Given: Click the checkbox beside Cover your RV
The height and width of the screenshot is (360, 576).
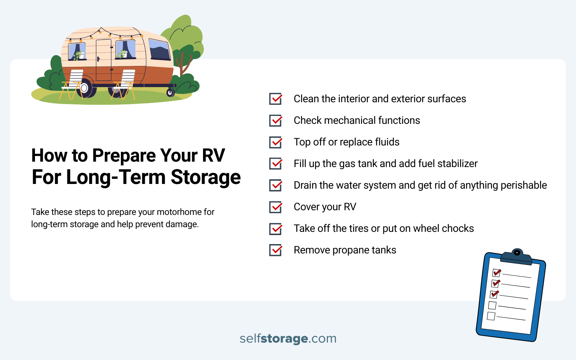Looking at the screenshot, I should [276, 207].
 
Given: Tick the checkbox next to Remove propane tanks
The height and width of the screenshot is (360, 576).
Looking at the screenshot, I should [276, 250].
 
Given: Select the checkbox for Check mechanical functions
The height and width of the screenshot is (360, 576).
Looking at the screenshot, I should [276, 121].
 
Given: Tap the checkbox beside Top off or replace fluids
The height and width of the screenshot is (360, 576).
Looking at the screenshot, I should [276, 142].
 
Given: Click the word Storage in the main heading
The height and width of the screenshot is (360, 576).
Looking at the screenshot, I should [206, 177].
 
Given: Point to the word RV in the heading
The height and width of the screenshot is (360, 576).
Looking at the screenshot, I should [213, 156].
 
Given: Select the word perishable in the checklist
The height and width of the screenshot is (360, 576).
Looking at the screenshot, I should [524, 185].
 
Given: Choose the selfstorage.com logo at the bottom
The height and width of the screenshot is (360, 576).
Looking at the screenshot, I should [288, 338].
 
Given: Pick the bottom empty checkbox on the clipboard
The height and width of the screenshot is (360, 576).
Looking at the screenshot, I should [491, 316].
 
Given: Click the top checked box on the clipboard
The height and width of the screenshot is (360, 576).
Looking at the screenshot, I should [496, 273].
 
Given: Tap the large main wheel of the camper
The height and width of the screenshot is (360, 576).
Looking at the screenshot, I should [85, 88].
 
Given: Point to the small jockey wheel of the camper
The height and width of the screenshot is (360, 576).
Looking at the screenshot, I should [170, 93].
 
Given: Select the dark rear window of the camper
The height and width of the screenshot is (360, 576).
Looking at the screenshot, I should [159, 50].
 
